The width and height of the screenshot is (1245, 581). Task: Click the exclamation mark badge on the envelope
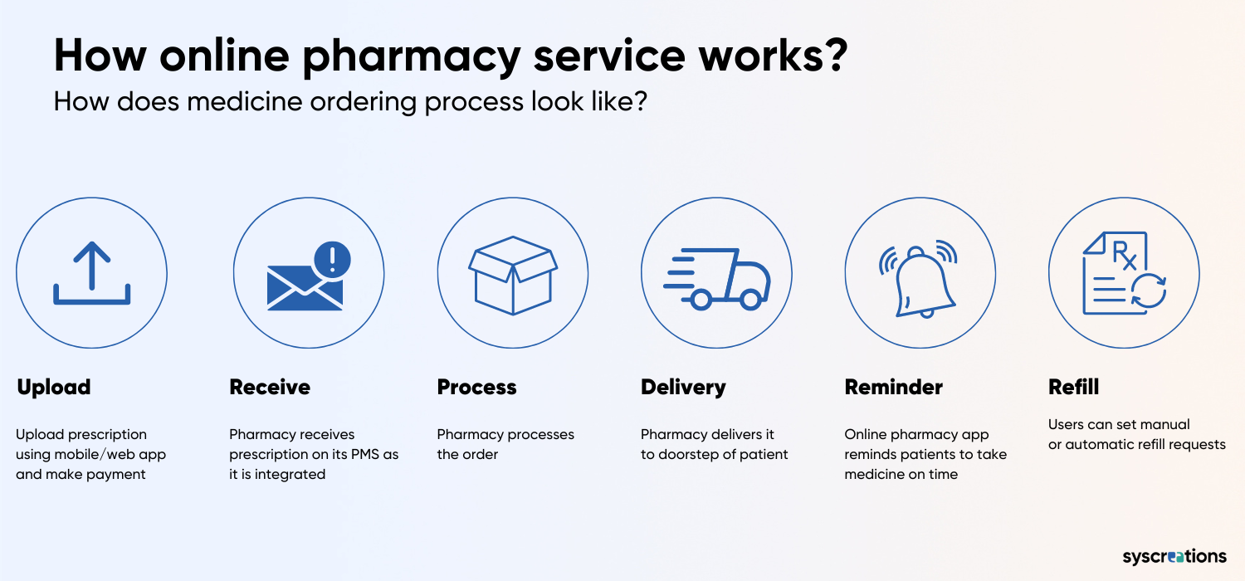(332, 259)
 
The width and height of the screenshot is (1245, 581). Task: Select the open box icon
(512, 276)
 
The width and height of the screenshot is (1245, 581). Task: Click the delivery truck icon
(717, 279)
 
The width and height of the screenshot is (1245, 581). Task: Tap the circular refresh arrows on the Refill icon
(1148, 290)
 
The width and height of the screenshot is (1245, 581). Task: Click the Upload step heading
(54, 387)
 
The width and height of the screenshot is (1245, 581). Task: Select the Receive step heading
(270, 387)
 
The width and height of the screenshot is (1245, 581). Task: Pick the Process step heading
(476, 387)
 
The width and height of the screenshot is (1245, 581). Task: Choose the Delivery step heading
(683, 388)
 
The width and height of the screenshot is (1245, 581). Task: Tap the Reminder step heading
(893, 387)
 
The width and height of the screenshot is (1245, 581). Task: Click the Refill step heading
(1073, 387)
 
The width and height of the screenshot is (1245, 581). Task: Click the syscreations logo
(1174, 556)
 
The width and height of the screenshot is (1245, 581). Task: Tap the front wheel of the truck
(749, 300)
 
